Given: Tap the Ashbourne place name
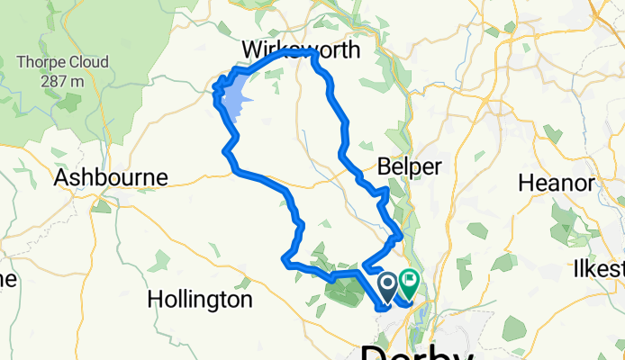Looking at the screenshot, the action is pos(111,177).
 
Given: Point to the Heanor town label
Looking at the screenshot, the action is pos(556,184).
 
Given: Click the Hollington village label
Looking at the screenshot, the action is pos(200,299).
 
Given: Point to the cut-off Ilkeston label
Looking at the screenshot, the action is pos(599,269).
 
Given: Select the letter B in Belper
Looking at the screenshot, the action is pos(384,167).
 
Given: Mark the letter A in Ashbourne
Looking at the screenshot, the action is pos(61,177).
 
